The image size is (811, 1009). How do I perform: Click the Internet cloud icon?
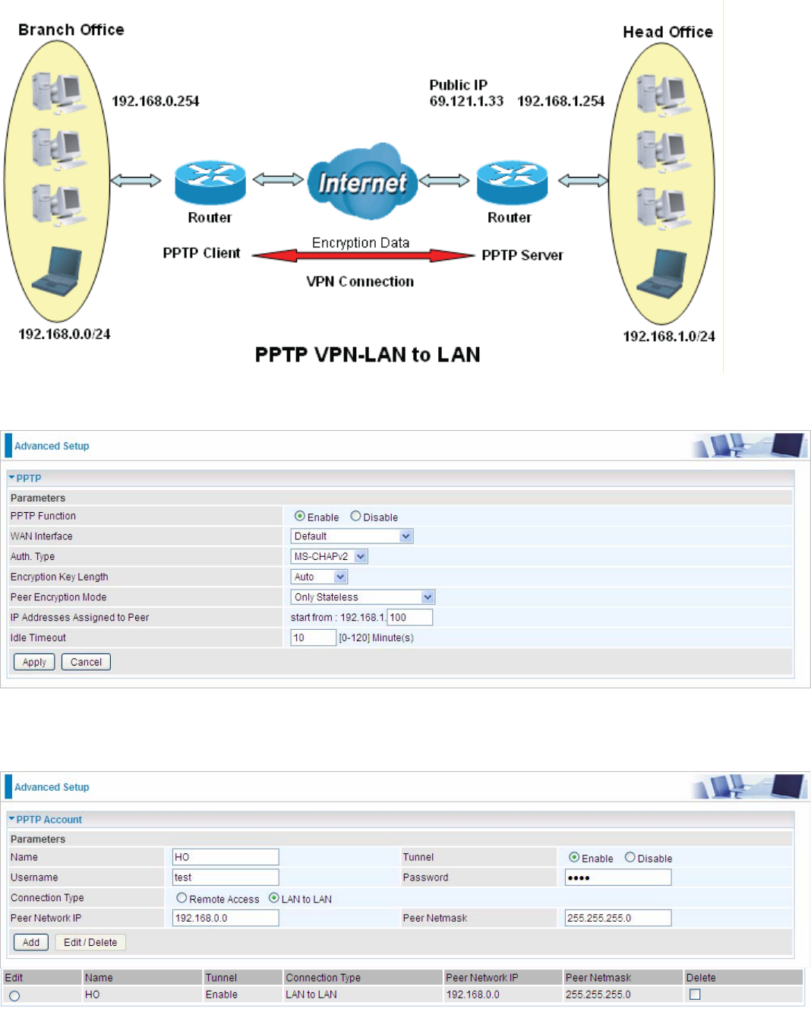pyautogui.click(x=362, y=182)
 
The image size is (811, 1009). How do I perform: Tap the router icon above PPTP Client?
pyautogui.click(x=210, y=182)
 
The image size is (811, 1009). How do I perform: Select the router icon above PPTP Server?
pyautogui.click(x=512, y=182)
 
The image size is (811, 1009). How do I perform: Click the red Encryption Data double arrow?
pyautogui.click(x=363, y=256)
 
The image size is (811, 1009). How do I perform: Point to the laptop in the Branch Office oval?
pyautogui.click(x=58, y=271)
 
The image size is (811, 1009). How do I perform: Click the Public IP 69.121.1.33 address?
pyautogui.click(x=466, y=101)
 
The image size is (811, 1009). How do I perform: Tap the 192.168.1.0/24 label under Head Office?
pyautogui.click(x=668, y=336)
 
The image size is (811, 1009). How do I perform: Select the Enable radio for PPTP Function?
pyautogui.click(x=300, y=516)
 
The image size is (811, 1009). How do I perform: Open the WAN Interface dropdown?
pyautogui.click(x=352, y=536)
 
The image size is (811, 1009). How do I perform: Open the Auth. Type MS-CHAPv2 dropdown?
pyautogui.click(x=330, y=557)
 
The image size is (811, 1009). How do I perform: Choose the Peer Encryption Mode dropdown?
pyautogui.click(x=362, y=597)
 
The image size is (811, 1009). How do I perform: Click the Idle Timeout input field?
pyautogui.click(x=313, y=637)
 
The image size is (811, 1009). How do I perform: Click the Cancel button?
pyautogui.click(x=86, y=662)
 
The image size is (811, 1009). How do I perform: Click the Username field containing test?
pyautogui.click(x=226, y=878)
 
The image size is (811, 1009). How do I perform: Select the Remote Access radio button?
pyautogui.click(x=181, y=898)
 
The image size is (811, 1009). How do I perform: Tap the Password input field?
pyautogui.click(x=618, y=878)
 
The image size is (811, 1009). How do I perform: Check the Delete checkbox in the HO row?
pyautogui.click(x=695, y=995)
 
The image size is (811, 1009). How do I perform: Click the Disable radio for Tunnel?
pyautogui.click(x=630, y=858)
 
